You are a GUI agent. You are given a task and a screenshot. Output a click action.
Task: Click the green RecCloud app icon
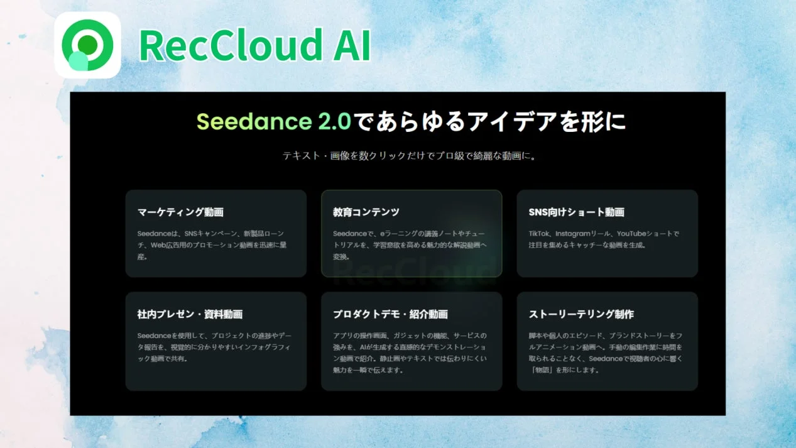(87, 45)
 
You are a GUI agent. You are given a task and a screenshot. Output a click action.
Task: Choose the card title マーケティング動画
(180, 212)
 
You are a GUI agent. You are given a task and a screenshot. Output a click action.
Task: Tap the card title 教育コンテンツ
(366, 212)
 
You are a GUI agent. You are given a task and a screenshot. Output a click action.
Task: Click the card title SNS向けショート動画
(577, 212)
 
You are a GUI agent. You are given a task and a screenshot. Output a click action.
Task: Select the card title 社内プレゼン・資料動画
(190, 314)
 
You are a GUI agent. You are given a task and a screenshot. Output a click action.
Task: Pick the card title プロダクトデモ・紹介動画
(390, 314)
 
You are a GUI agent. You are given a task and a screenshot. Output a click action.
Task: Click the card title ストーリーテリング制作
(581, 314)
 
